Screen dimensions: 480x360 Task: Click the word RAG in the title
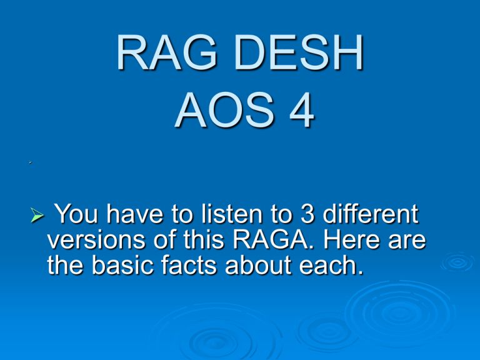point(167,52)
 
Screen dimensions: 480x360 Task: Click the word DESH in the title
point(299,52)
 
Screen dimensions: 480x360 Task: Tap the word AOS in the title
point(224,110)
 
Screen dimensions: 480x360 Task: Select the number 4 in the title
point(302,110)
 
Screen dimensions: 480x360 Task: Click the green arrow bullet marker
point(37,214)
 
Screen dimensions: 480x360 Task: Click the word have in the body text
point(135,214)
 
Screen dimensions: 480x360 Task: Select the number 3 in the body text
point(307,214)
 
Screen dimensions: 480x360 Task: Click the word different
point(371,214)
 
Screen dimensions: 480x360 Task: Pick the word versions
point(96,239)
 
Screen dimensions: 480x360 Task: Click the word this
point(204,239)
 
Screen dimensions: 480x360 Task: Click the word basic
point(122,265)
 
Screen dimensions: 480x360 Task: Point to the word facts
point(189,265)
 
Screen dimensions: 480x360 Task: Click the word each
point(331,265)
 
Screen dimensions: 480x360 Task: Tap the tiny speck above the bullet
point(30,162)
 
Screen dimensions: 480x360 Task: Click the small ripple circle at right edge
point(457,262)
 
